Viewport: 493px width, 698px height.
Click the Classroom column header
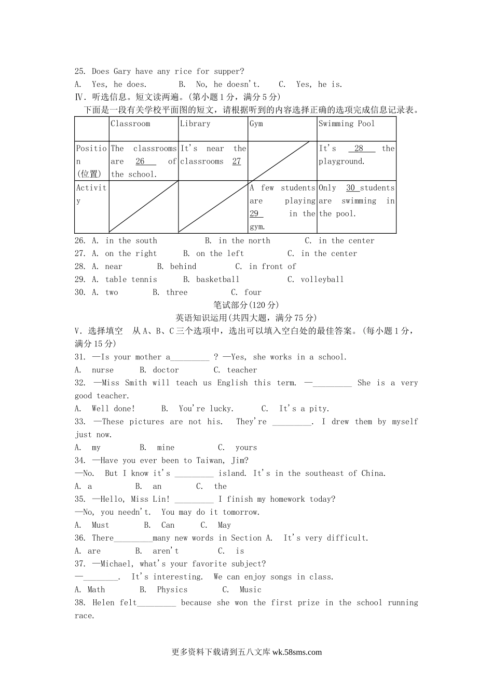coord(130,124)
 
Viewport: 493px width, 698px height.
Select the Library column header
coord(195,124)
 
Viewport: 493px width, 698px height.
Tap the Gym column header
coord(256,124)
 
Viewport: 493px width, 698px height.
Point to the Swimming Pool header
coord(346,124)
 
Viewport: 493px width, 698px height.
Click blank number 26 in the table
coord(141,162)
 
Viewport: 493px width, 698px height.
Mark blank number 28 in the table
coord(359,149)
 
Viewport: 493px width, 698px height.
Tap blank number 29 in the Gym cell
coord(254,213)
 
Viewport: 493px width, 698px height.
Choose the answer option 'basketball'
coord(218,279)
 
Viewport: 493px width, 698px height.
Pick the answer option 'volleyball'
coord(322,279)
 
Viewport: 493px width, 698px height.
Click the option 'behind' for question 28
coord(183,266)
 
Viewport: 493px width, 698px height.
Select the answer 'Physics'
coord(172,589)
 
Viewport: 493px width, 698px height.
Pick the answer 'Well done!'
coord(113,408)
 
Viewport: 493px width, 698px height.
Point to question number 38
coord(80,602)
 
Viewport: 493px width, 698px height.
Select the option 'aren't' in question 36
coord(166,551)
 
